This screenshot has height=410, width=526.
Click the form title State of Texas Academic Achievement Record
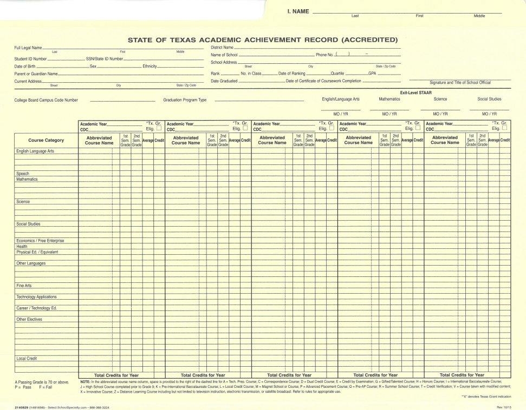(263, 39)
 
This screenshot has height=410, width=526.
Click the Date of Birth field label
(25, 66)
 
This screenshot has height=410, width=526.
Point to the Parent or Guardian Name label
(36, 74)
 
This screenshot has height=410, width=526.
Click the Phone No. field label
(324, 55)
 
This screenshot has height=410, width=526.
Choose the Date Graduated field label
(224, 81)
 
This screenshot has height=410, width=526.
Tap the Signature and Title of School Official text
(460, 82)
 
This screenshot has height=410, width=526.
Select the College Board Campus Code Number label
(46, 100)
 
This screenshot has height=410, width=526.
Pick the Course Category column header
(46, 141)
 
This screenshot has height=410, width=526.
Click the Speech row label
(22, 174)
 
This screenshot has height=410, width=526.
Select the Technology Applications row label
(36, 296)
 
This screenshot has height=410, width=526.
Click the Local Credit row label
(27, 358)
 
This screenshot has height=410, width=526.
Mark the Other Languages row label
(31, 263)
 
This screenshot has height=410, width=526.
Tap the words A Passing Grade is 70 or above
(42, 383)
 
